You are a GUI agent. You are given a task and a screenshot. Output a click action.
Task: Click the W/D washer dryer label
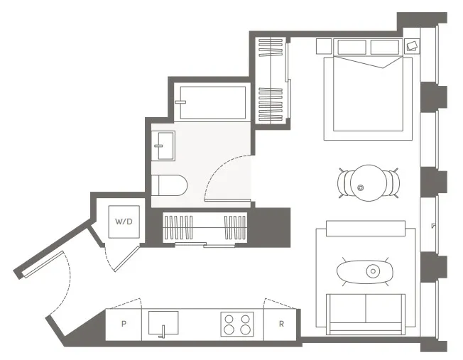click(124, 222)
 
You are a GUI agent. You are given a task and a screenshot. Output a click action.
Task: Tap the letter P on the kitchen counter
click(124, 324)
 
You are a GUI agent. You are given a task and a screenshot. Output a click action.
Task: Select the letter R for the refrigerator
click(282, 324)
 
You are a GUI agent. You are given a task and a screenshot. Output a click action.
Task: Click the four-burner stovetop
click(236, 324)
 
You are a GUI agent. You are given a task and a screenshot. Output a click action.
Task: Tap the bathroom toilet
click(169, 185)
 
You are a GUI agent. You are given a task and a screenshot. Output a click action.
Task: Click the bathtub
click(212, 104)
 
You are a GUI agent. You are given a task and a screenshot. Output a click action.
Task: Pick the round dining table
click(367, 182)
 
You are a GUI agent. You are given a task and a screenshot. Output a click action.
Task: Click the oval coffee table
click(366, 271)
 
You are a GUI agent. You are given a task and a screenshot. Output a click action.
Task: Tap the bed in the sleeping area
click(368, 96)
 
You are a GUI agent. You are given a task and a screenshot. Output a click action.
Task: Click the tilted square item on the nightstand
click(412, 46)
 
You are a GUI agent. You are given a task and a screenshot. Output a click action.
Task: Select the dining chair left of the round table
click(343, 183)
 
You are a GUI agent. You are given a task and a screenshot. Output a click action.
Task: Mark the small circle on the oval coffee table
click(373, 271)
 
